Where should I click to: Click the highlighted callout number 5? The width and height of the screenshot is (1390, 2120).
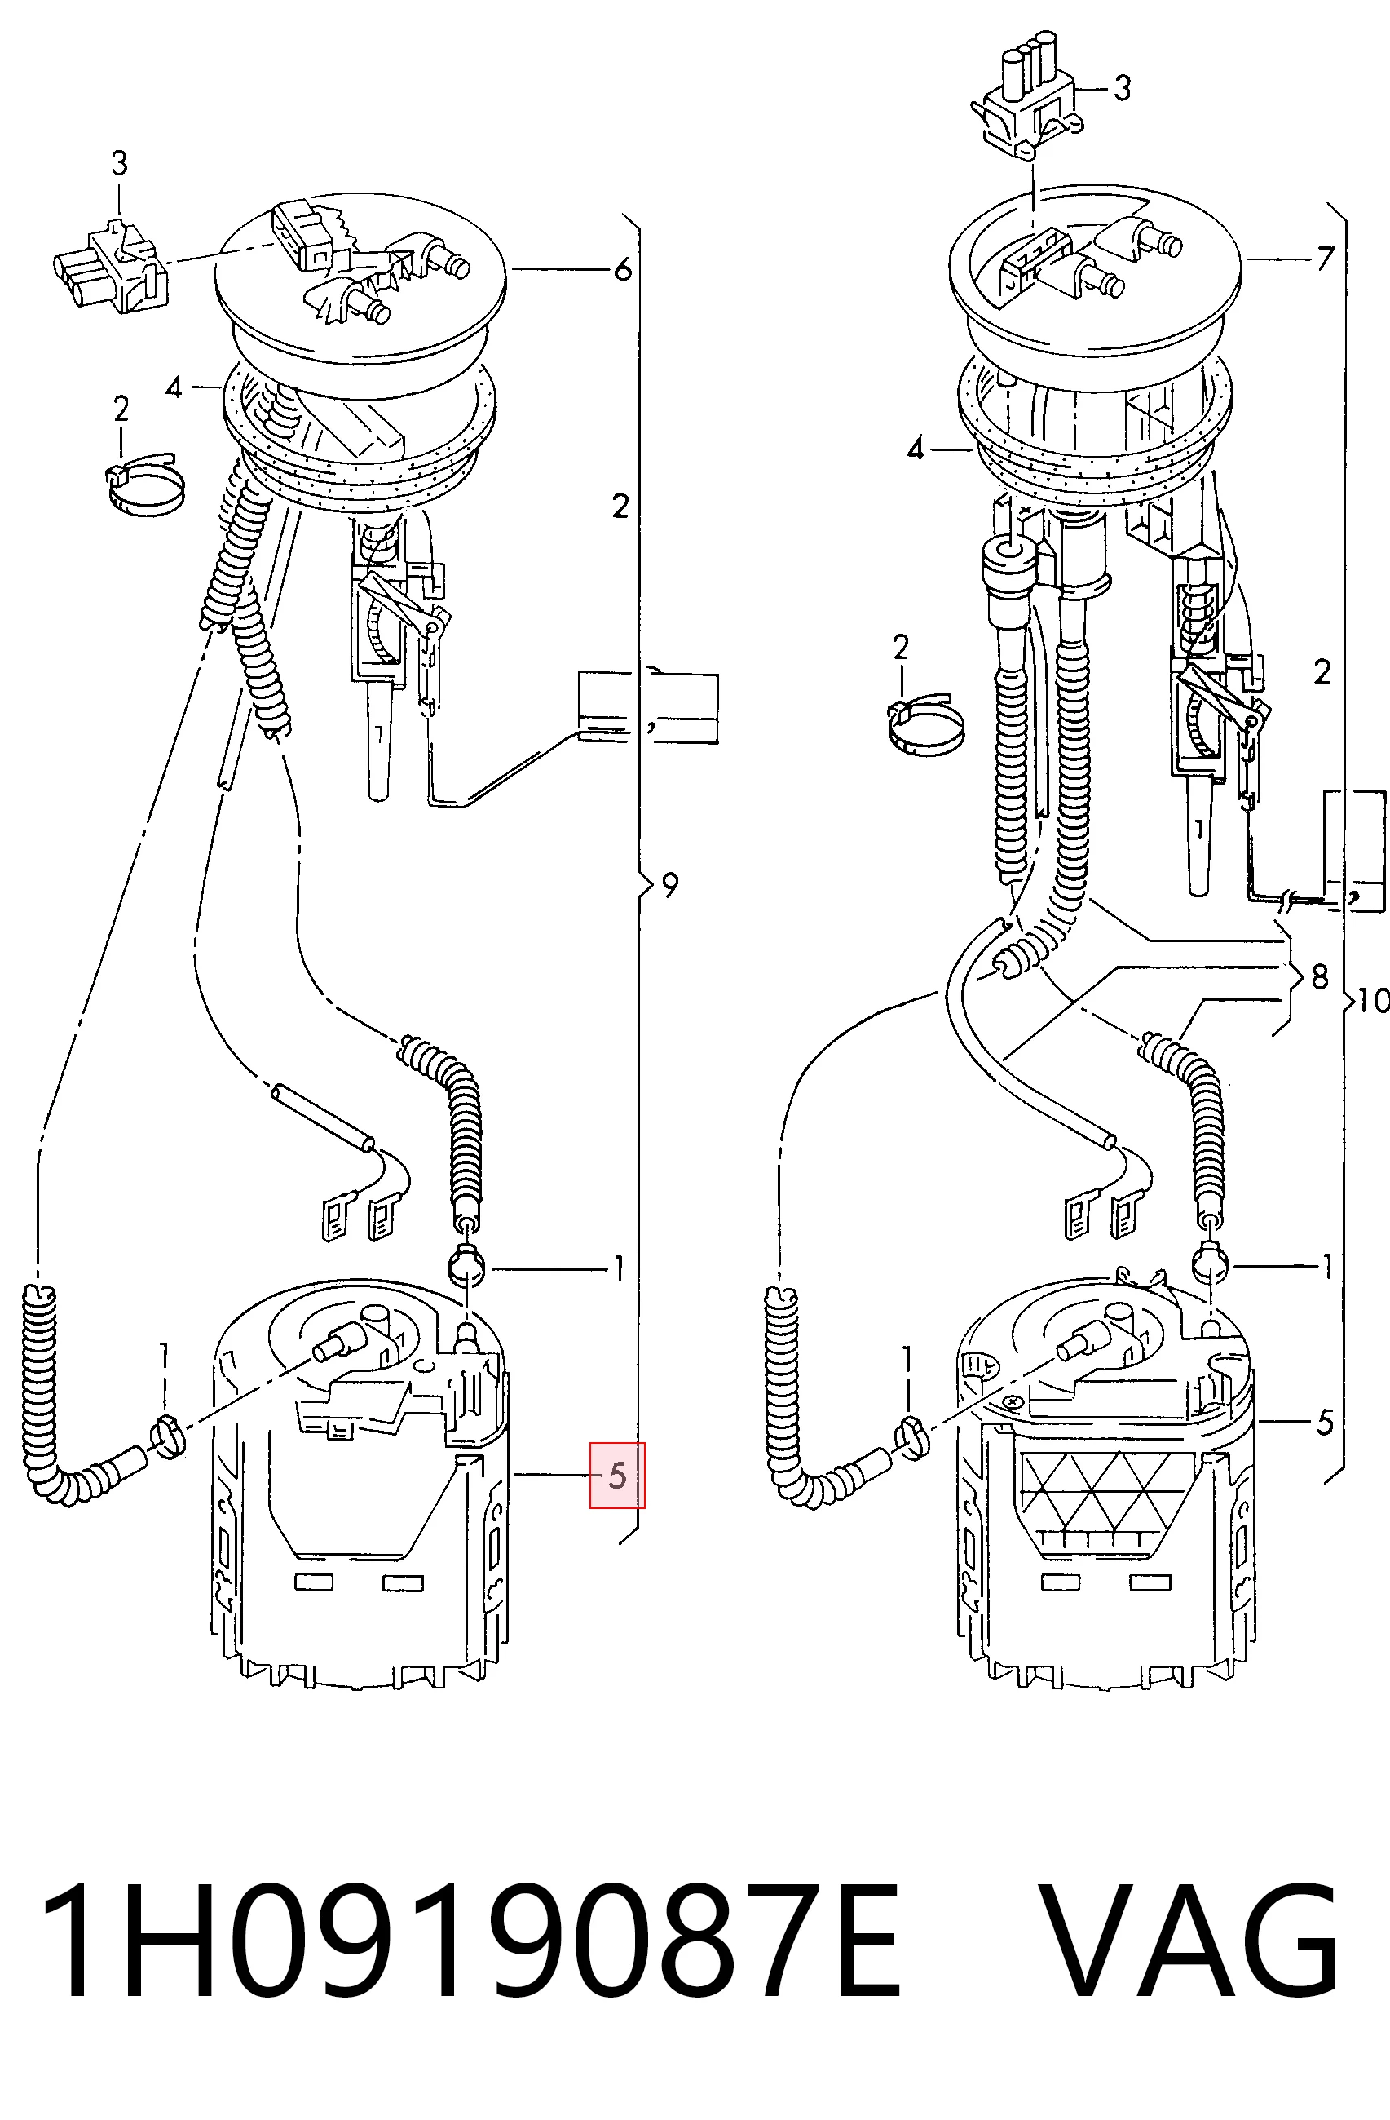(617, 1476)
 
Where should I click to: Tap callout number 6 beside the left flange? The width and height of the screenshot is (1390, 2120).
(622, 269)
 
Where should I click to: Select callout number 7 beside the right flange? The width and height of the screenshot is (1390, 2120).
(1326, 259)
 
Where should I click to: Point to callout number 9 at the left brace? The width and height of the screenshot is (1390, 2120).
(670, 884)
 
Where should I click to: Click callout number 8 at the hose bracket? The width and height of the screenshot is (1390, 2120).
(1320, 977)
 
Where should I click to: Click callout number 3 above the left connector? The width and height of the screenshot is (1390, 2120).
(119, 163)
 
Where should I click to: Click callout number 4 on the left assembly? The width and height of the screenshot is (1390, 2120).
(174, 387)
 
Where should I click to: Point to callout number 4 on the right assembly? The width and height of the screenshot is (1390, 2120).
(916, 449)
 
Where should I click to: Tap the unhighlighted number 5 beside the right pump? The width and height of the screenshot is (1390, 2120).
(1325, 1423)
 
